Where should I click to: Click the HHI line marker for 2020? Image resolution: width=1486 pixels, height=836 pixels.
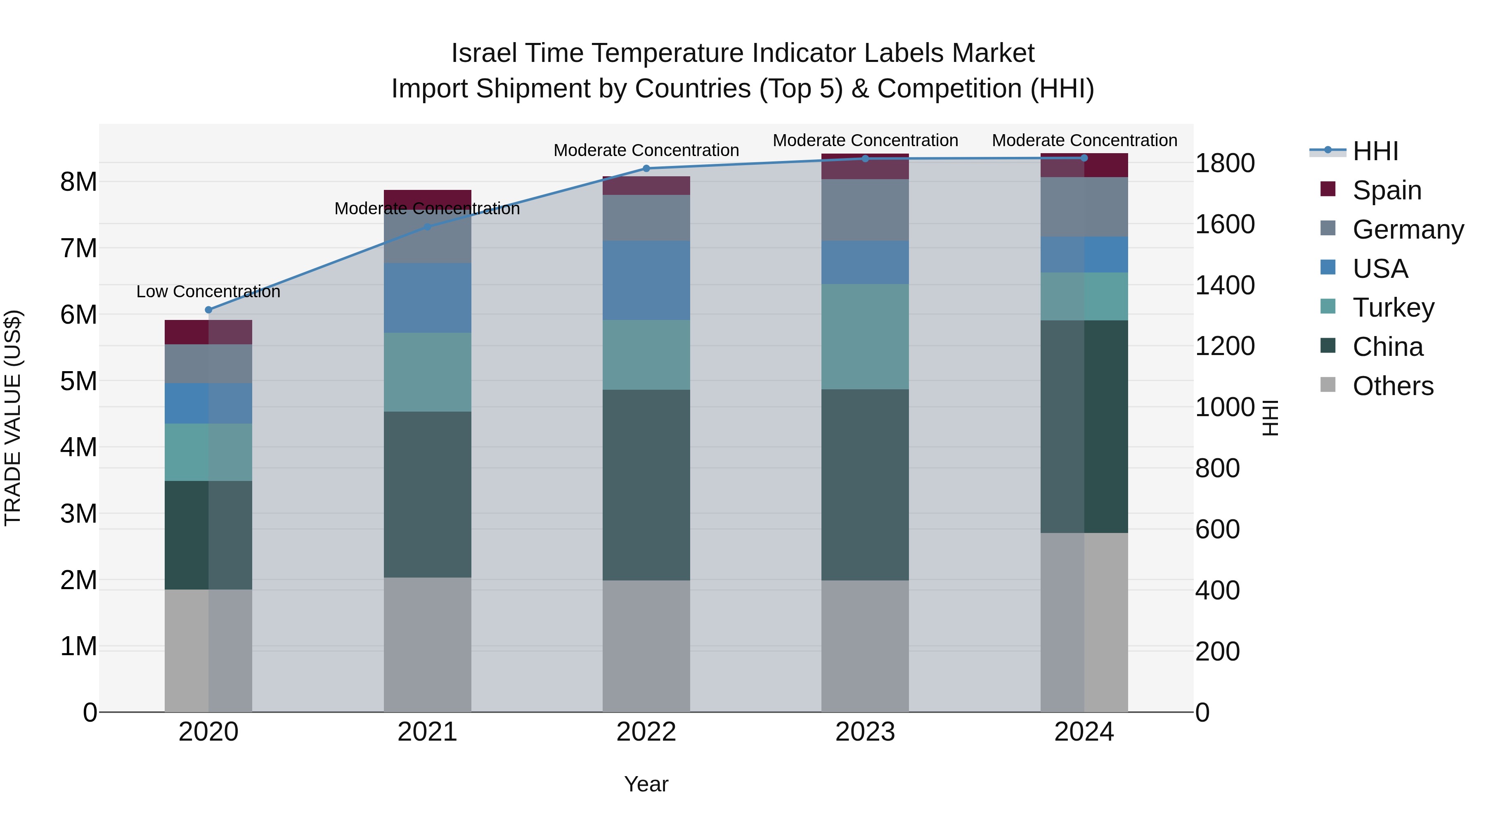tap(209, 310)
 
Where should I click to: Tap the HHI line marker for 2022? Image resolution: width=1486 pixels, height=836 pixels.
tap(646, 168)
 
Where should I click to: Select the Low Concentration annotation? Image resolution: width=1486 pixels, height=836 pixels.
tap(208, 291)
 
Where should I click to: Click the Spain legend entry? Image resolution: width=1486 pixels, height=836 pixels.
tap(1387, 190)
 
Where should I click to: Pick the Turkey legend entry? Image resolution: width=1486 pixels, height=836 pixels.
tap(1393, 308)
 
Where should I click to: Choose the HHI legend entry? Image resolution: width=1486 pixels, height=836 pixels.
tap(1375, 151)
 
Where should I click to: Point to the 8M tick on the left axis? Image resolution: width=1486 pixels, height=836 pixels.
tap(78, 182)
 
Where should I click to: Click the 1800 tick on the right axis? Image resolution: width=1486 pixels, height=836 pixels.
tap(1224, 163)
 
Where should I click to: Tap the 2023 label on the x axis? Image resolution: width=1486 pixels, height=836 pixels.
tap(865, 732)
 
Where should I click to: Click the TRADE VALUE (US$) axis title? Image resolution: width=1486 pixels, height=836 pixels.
tap(13, 418)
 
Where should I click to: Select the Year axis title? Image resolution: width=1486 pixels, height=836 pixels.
tap(646, 784)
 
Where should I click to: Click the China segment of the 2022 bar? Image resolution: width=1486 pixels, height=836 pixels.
tap(646, 485)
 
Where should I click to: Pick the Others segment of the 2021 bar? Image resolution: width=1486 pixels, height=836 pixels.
tap(428, 644)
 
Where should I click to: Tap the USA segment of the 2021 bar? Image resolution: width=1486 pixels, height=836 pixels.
tap(428, 298)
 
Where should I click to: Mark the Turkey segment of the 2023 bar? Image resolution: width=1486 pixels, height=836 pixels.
tap(865, 336)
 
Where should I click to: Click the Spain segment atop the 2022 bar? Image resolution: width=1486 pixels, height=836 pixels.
tap(646, 186)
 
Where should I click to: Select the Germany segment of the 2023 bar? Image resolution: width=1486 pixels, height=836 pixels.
tap(865, 210)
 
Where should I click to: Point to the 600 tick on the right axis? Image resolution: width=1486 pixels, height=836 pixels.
tap(1217, 530)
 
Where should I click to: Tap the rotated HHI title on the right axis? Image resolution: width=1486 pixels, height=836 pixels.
tap(1270, 418)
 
